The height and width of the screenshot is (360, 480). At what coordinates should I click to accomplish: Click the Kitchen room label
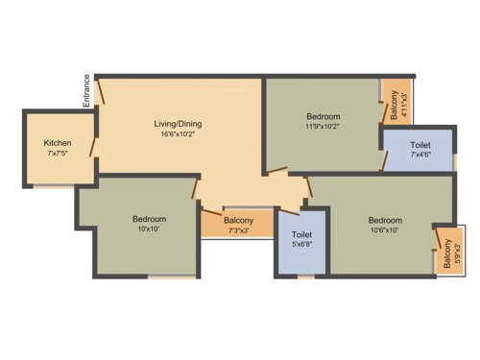click(59, 142)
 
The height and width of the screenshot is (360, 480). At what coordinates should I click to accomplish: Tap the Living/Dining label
click(179, 124)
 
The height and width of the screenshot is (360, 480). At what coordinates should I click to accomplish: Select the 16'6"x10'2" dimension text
click(179, 135)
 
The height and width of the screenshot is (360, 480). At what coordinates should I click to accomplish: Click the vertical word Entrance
click(86, 90)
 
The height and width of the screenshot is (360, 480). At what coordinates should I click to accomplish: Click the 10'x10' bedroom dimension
click(150, 230)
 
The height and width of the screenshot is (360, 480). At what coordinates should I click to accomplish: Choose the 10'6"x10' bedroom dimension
click(385, 230)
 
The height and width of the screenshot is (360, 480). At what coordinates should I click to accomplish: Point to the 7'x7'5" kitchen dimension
click(59, 154)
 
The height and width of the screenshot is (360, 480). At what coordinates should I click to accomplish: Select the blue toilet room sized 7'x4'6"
click(419, 150)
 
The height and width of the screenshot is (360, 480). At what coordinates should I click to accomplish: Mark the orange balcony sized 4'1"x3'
click(397, 100)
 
